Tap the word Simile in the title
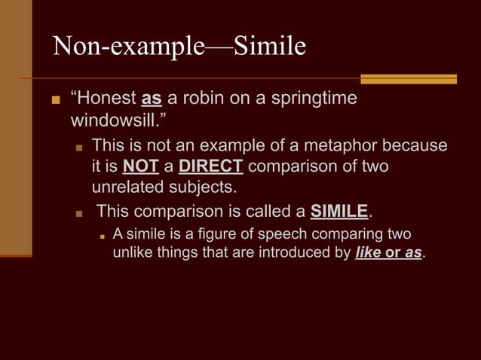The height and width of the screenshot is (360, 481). (x=270, y=47)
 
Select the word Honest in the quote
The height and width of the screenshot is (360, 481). (x=104, y=99)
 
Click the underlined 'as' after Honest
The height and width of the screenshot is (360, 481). (x=151, y=99)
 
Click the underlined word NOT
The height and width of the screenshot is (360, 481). (x=139, y=166)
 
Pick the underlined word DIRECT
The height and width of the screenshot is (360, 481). (x=210, y=166)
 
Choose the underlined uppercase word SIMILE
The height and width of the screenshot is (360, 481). (x=339, y=210)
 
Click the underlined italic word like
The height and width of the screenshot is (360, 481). (x=367, y=252)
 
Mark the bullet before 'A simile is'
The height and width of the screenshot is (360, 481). (x=101, y=235)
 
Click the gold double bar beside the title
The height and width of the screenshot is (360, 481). (x=408, y=78)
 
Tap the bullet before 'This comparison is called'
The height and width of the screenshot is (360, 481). (x=78, y=212)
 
